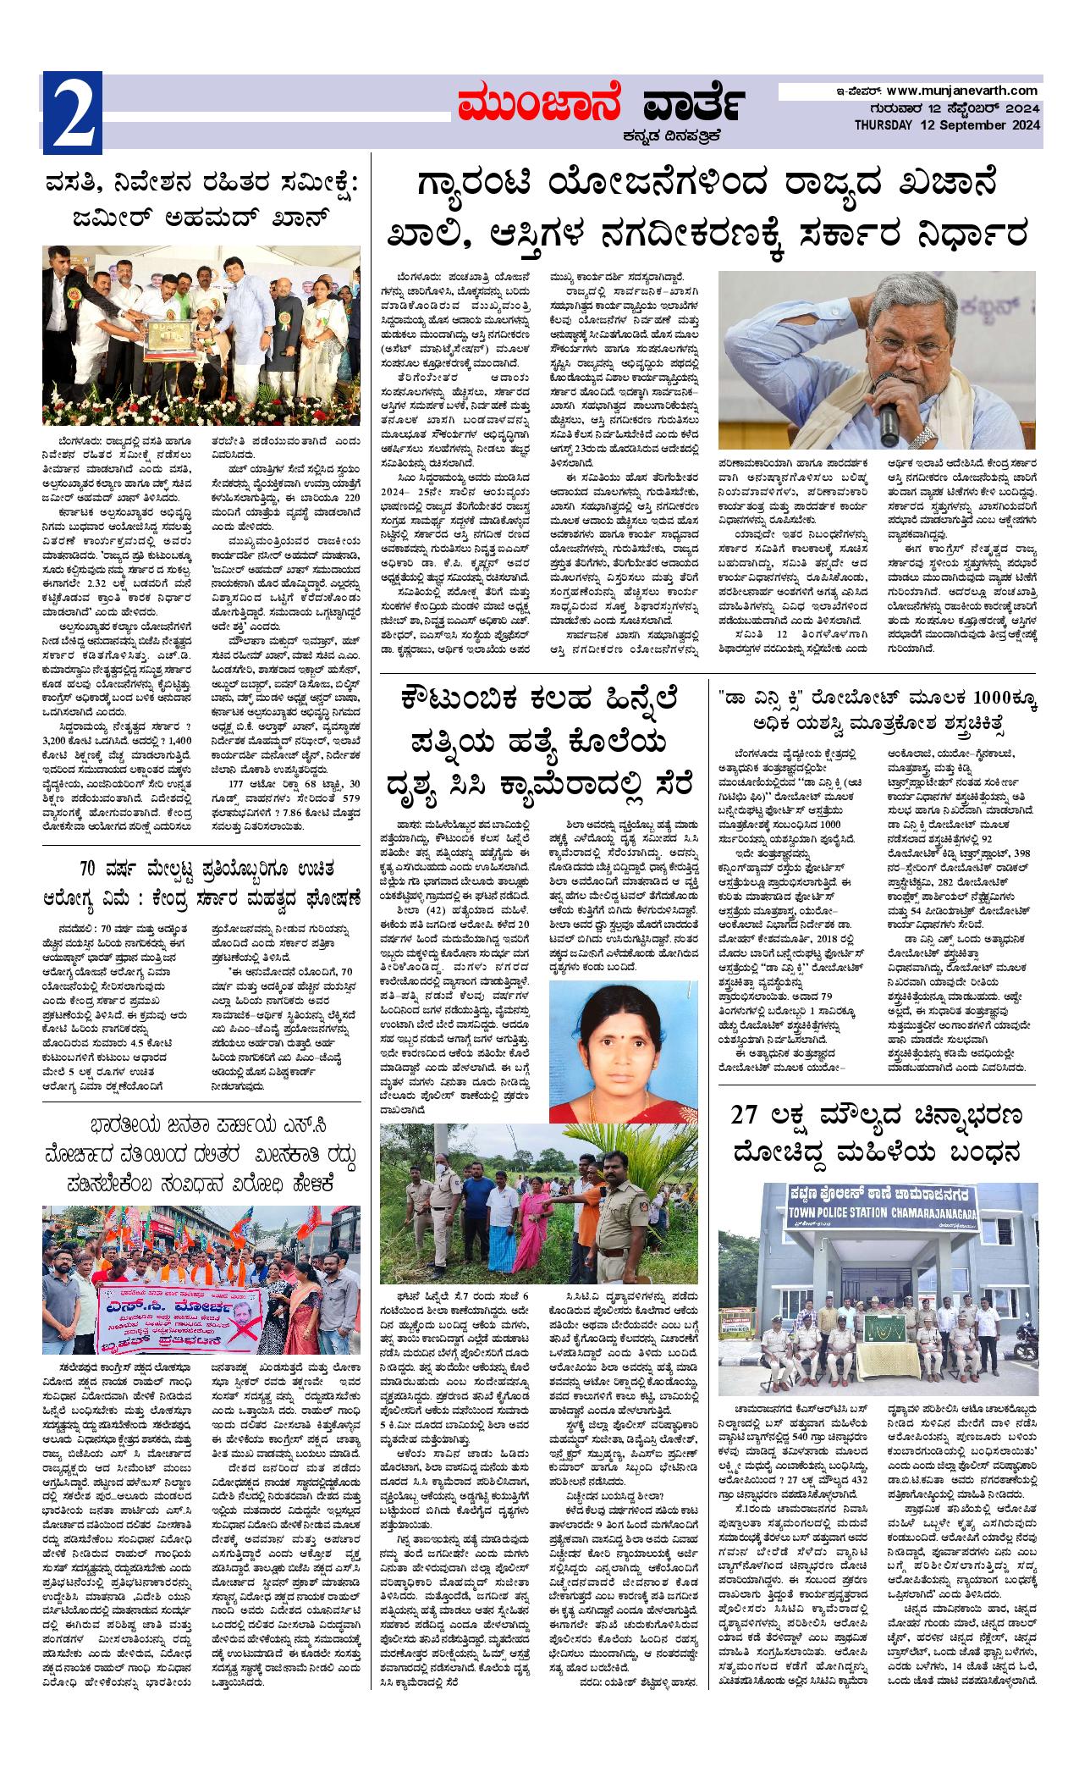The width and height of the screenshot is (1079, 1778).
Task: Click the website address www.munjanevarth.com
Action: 962,91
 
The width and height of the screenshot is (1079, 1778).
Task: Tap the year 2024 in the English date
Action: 1025,125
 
